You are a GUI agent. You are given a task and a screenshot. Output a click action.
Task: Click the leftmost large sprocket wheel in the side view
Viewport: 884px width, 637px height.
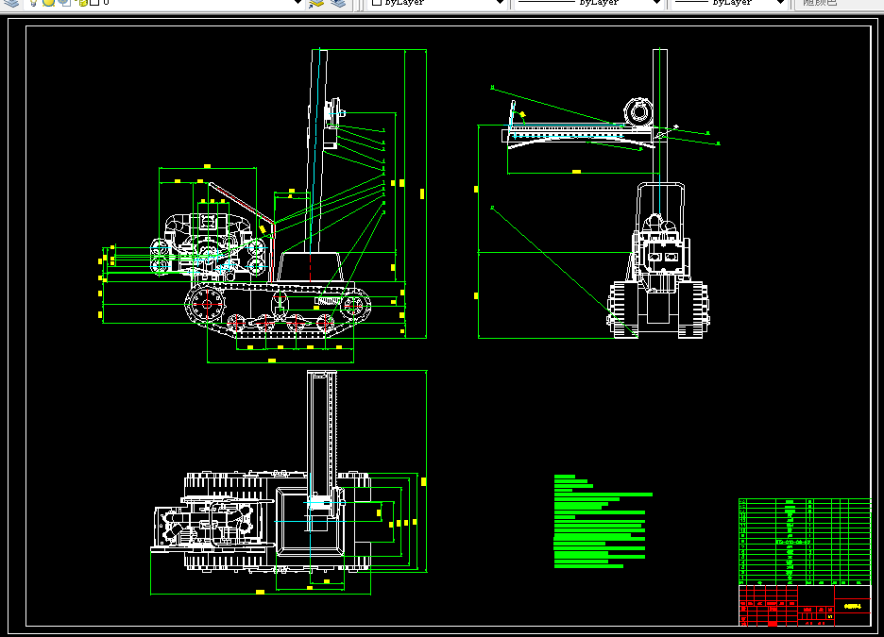[x=205, y=305]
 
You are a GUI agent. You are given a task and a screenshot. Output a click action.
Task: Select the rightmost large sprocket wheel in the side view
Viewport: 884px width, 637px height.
[x=353, y=304]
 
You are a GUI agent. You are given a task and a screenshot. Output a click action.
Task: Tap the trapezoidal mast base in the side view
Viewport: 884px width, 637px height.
[x=310, y=267]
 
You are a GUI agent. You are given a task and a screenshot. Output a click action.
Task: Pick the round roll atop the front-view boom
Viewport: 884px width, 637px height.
[x=638, y=112]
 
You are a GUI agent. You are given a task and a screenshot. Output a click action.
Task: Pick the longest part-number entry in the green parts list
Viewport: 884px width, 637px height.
[x=791, y=542]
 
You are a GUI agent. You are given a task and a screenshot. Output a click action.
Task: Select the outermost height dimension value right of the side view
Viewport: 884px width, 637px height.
[x=422, y=193]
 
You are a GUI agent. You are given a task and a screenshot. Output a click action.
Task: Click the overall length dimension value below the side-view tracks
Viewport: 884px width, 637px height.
[x=272, y=360]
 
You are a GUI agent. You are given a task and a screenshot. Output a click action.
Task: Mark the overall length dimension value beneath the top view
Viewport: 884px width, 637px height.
[x=260, y=592]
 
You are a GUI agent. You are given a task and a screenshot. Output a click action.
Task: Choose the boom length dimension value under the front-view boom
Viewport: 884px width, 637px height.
[x=576, y=172]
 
